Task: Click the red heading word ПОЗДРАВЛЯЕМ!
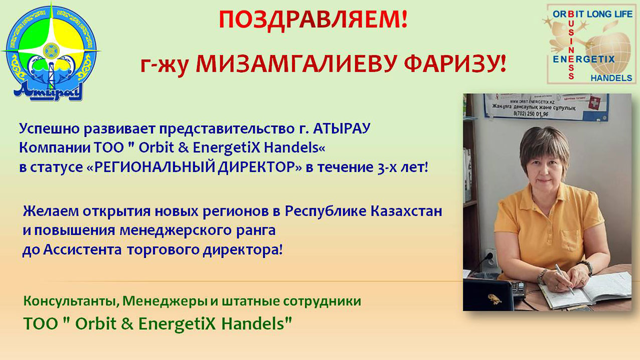click(x=313, y=20)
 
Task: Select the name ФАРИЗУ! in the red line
click(x=455, y=64)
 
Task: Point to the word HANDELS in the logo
click(x=611, y=78)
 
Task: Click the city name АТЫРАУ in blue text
click(x=342, y=128)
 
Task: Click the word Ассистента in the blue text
click(x=83, y=250)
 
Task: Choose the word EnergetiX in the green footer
click(x=177, y=324)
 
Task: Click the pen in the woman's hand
click(x=564, y=279)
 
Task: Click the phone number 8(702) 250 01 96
click(x=531, y=114)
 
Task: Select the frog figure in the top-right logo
click(x=564, y=37)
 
